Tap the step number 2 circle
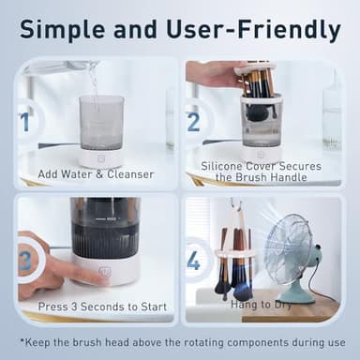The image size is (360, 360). [x=194, y=122]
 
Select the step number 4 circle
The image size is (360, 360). [x=194, y=259]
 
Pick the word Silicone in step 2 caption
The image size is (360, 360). [x=225, y=166]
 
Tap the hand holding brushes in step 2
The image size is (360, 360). [x=214, y=73]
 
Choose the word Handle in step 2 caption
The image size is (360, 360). [x=299, y=179]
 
